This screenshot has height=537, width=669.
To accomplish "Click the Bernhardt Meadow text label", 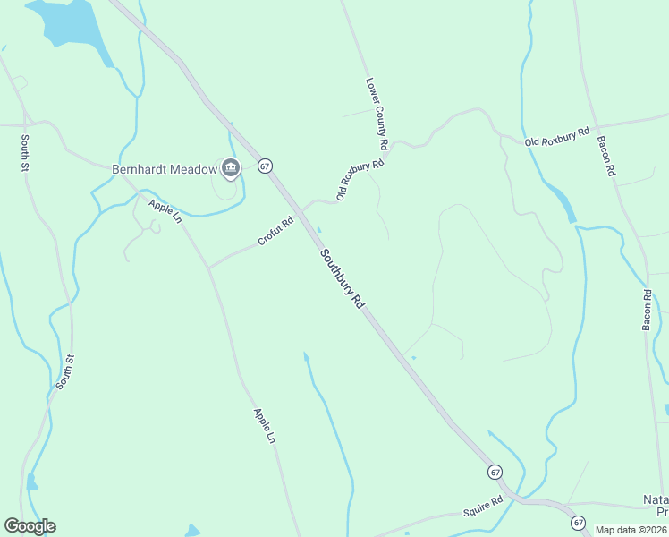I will (x=165, y=168).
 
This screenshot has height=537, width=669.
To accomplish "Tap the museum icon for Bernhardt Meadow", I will (x=231, y=167).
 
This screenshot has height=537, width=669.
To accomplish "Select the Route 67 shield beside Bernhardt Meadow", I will (x=265, y=166).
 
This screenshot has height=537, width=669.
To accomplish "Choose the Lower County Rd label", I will (x=377, y=113).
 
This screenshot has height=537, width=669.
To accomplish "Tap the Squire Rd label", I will (x=484, y=511).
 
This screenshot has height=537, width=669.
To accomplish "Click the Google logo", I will (x=30, y=526).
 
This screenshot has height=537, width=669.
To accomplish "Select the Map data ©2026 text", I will (x=631, y=530).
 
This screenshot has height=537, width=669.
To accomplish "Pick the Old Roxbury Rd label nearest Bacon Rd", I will (x=557, y=137).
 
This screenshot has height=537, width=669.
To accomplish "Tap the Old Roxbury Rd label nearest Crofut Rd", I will (x=360, y=178).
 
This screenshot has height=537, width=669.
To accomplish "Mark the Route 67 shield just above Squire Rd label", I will (x=495, y=472).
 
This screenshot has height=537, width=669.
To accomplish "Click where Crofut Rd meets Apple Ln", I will (x=208, y=268).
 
